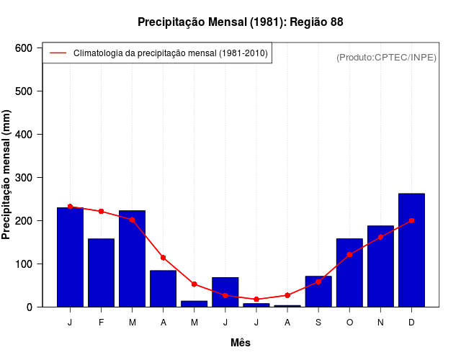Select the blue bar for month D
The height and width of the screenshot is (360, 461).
[x=411, y=250]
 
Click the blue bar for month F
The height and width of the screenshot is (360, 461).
[x=101, y=272]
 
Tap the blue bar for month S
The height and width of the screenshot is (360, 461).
[x=318, y=291]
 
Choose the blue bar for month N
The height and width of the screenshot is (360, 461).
[x=380, y=266]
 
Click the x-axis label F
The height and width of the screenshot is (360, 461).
[x=101, y=323]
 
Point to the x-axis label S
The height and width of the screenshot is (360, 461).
[x=318, y=323]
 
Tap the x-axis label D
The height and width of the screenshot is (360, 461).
[x=411, y=323]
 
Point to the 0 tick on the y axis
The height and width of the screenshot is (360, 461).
[x=30, y=307]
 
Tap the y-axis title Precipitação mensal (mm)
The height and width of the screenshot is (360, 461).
[x=7, y=175]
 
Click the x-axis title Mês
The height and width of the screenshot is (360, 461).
[x=240, y=343]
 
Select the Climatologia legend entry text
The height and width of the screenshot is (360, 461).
[x=171, y=53]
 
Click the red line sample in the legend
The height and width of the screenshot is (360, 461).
[x=58, y=53]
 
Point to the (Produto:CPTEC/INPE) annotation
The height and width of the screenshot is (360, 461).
[x=386, y=57]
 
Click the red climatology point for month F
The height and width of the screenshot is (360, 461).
[x=101, y=211]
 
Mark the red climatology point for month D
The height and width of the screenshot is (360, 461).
[x=411, y=220]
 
